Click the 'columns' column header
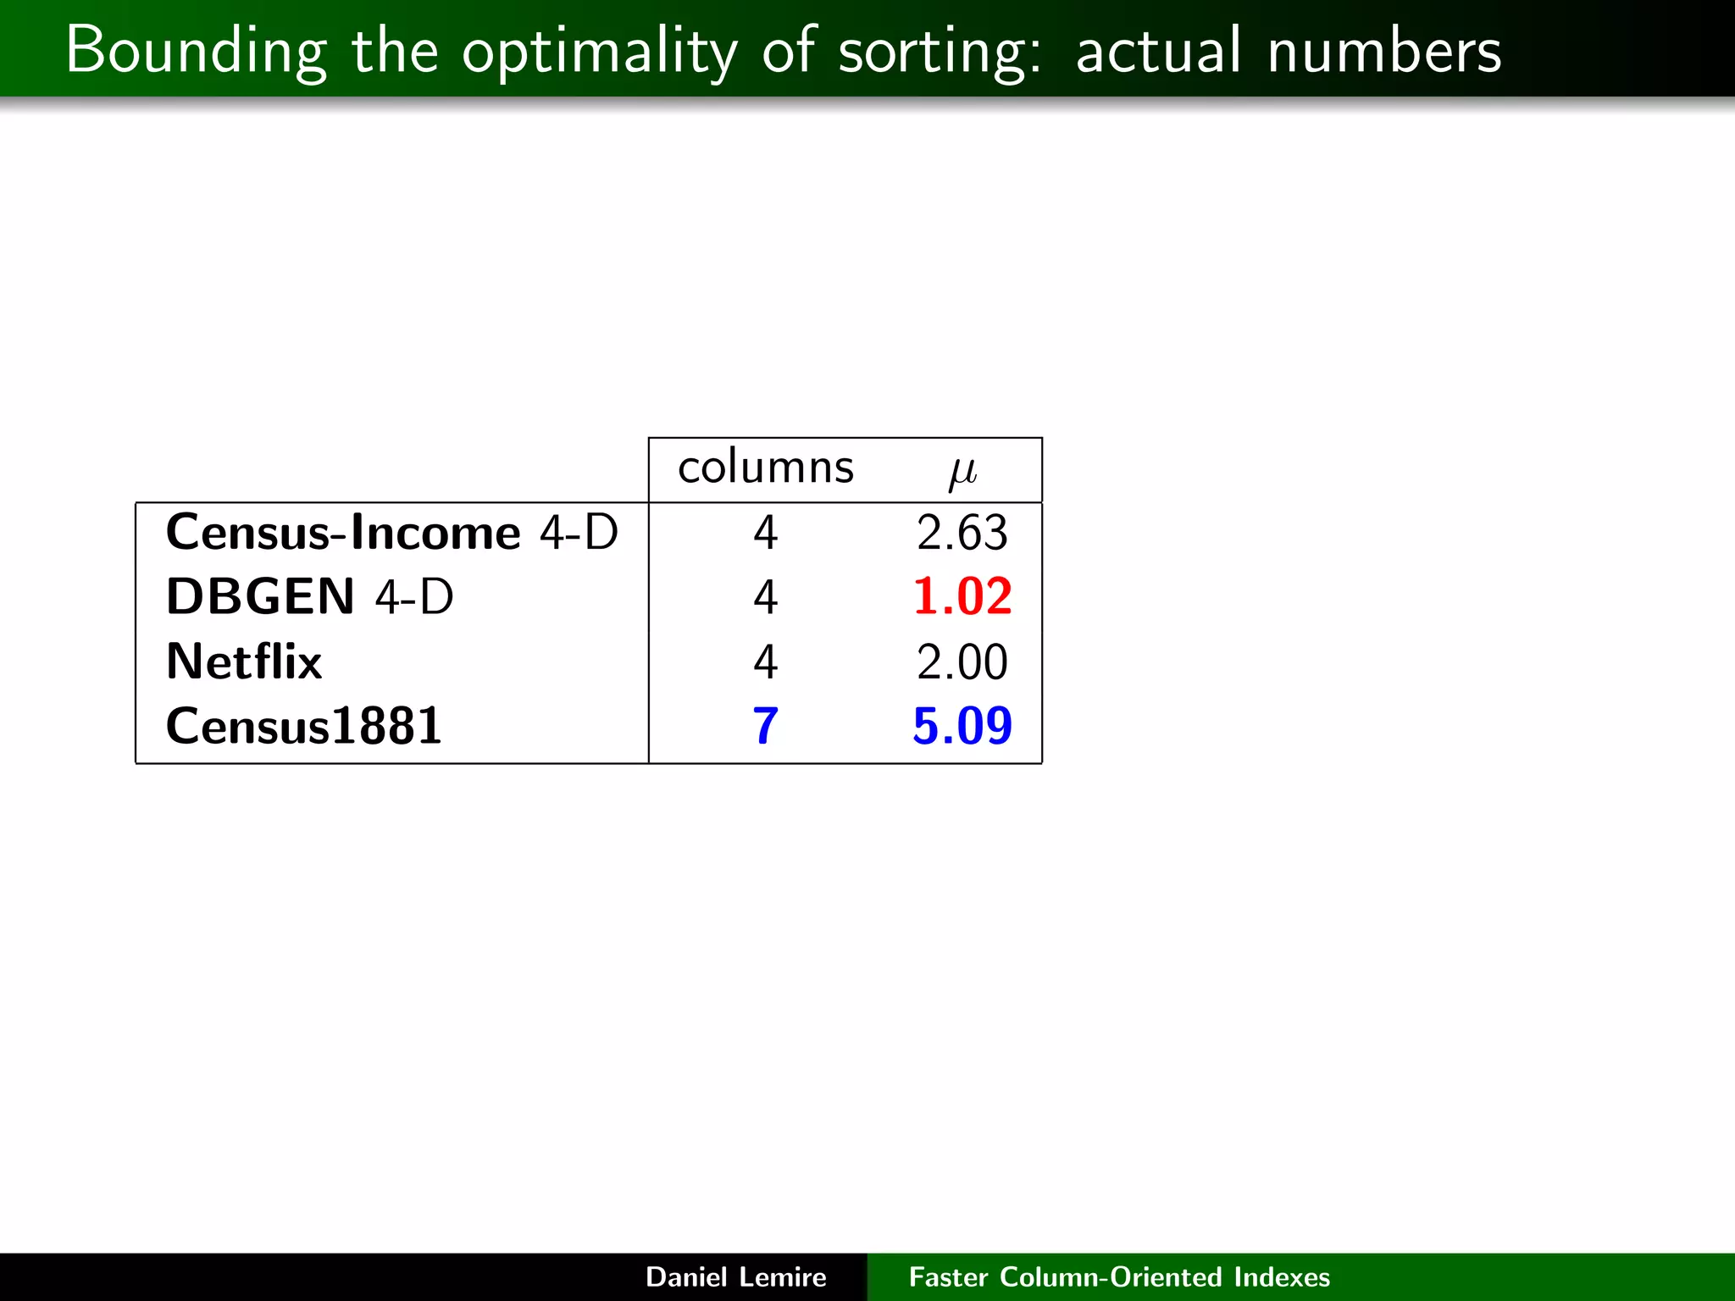click(766, 468)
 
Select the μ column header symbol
click(962, 472)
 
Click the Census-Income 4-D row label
click(391, 534)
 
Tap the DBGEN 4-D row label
click(309, 597)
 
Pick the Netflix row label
click(244, 662)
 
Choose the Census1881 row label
click(303, 726)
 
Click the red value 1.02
click(962, 596)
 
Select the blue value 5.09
click(962, 726)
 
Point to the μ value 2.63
click(962, 534)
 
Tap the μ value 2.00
click(962, 662)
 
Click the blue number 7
click(765, 726)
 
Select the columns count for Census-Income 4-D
click(765, 534)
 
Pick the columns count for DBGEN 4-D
click(765, 597)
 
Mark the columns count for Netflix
click(765, 662)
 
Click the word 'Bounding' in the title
click(196, 52)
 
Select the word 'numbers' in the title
click(1384, 52)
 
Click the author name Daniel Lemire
click(735, 1276)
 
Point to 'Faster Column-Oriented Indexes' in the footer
click(1119, 1276)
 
